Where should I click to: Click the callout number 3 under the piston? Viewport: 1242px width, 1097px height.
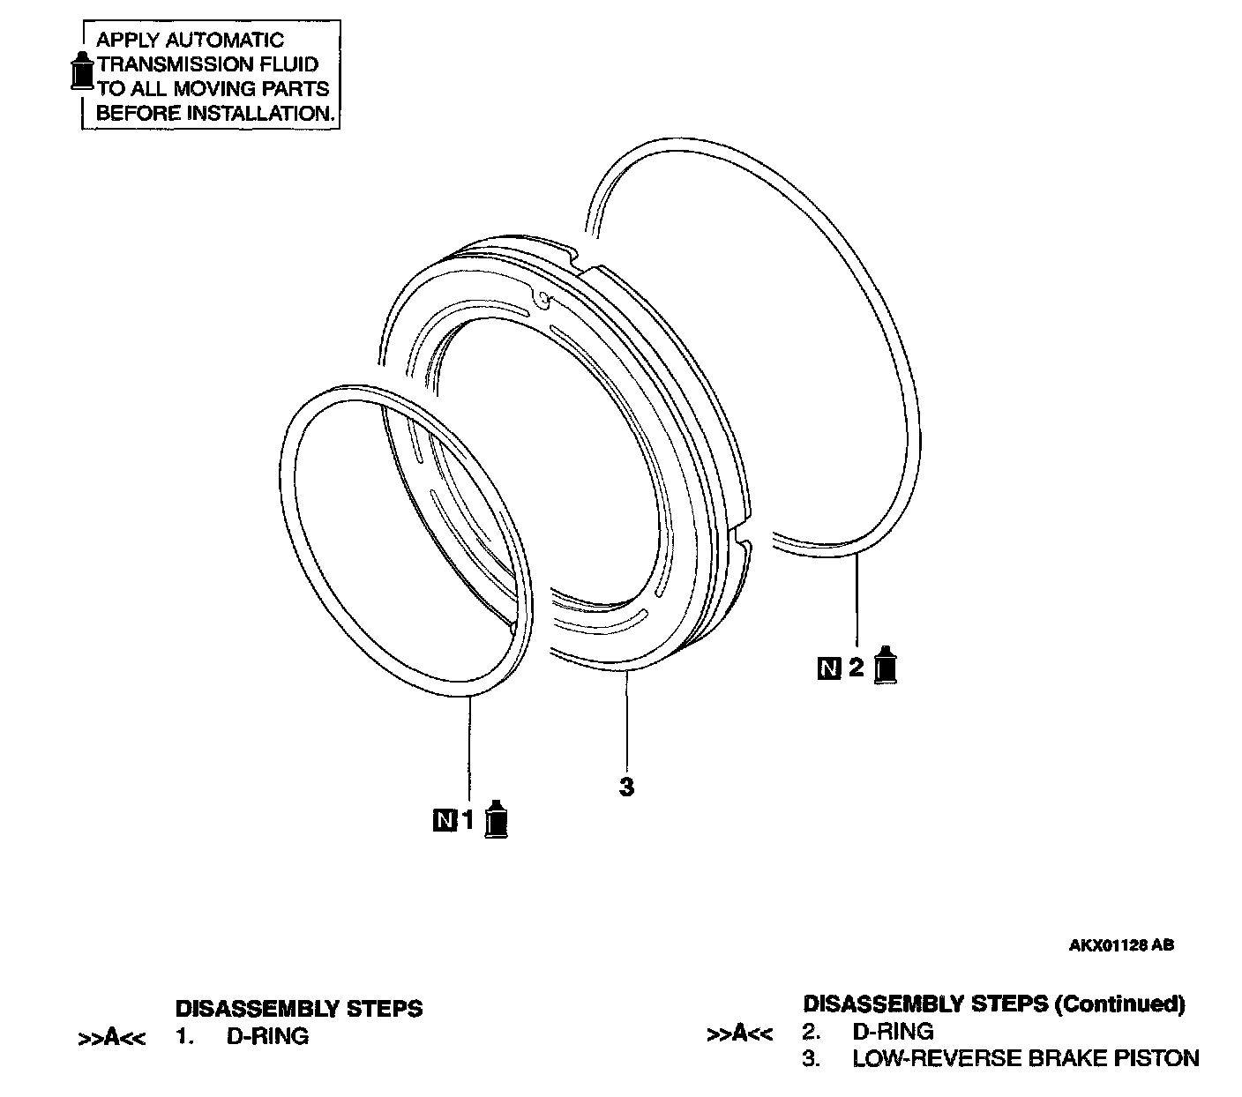tap(626, 787)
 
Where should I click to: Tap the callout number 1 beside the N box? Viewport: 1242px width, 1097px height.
tap(468, 820)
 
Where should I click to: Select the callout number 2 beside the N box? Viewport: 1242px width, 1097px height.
tap(856, 668)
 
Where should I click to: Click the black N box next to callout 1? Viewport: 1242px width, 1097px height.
tap(445, 820)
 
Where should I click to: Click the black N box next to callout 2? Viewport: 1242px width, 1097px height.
tap(829, 668)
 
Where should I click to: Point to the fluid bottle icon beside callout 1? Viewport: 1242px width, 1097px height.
tap(498, 819)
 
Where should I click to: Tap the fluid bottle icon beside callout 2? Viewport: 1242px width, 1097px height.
tap(885, 666)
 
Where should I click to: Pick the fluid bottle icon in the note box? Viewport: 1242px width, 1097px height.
tap(82, 71)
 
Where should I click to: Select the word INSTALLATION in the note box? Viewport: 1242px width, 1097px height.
tap(262, 113)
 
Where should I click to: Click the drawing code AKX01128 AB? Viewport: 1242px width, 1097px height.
tap(1121, 944)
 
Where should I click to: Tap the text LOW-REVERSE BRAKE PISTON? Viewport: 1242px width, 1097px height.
tap(1025, 1058)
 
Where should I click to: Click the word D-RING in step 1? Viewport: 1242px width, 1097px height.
tap(267, 1036)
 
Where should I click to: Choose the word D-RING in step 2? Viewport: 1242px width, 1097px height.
tap(893, 1031)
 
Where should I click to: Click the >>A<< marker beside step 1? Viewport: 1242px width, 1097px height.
tap(111, 1038)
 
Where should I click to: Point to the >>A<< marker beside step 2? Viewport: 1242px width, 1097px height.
tap(739, 1033)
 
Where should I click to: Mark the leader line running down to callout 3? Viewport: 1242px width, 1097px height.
tap(626, 719)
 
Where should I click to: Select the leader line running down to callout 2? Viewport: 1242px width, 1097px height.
tap(857, 600)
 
